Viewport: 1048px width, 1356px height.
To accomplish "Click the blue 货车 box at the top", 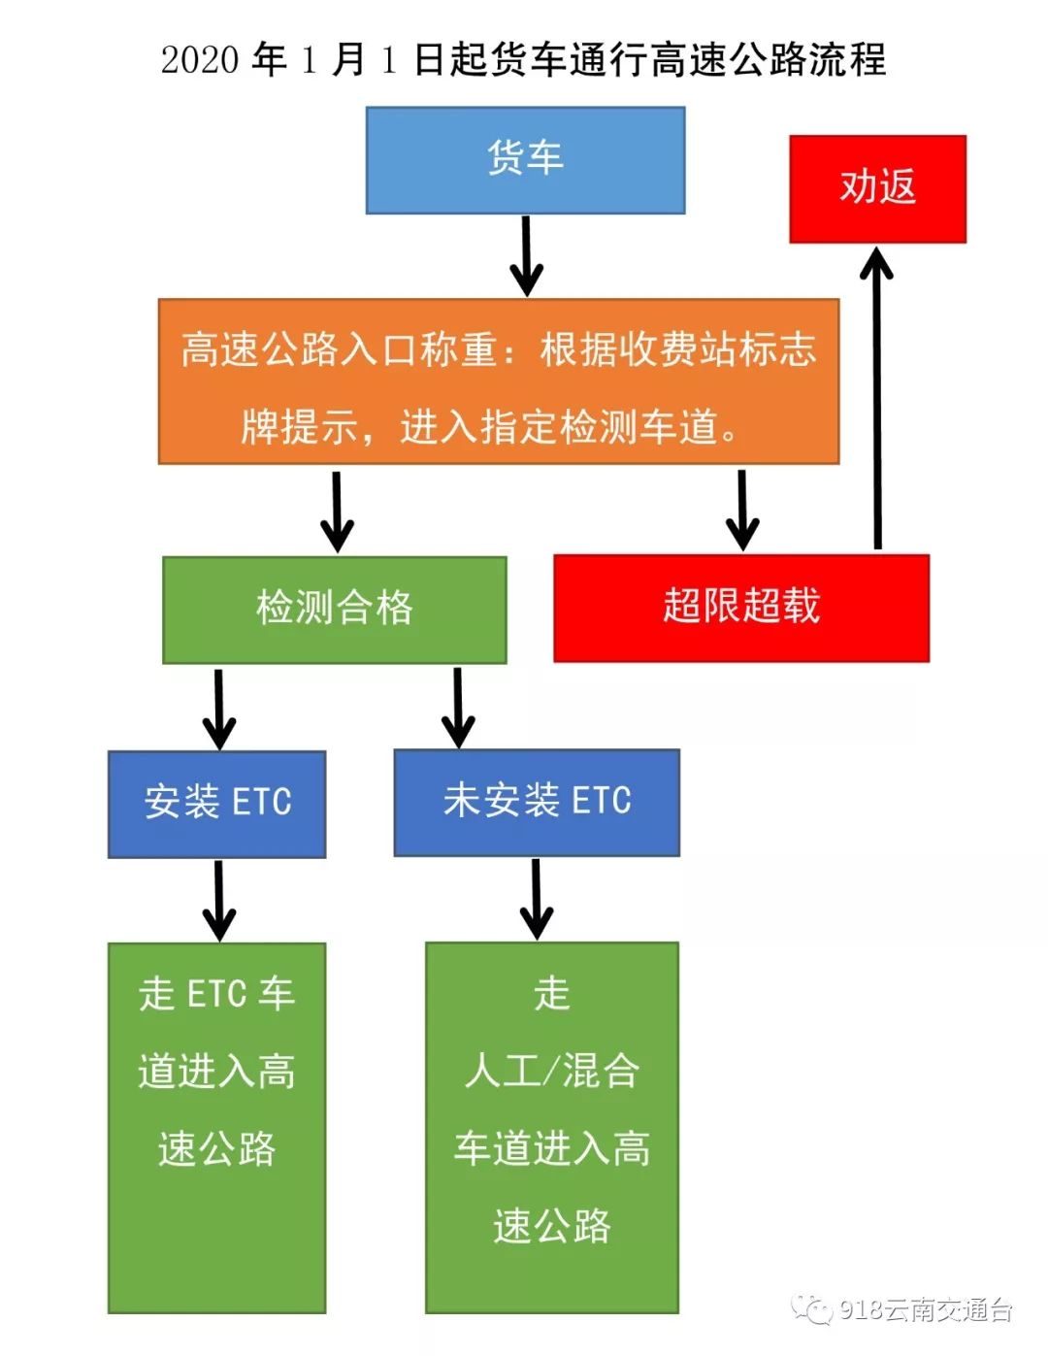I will pyautogui.click(x=525, y=160).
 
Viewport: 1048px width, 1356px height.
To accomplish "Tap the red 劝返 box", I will pyautogui.click(x=877, y=188).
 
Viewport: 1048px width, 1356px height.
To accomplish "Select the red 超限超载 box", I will pyautogui.click(x=741, y=608).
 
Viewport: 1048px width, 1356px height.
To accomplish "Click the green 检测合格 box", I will pyautogui.click(x=335, y=610).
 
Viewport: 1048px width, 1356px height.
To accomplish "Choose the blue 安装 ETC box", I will pyautogui.click(x=217, y=804).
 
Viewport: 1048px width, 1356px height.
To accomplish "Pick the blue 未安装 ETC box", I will pyautogui.click(x=537, y=802).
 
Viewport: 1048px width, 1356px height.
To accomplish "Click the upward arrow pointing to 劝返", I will pyautogui.click(x=877, y=398).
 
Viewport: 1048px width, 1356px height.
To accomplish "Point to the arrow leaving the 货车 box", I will pyautogui.click(x=526, y=255).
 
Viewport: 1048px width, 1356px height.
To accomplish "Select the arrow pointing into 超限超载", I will pyautogui.click(x=742, y=510).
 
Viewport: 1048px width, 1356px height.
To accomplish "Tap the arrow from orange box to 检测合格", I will pyautogui.click(x=337, y=512).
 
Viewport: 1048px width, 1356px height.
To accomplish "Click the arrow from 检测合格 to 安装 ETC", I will pyautogui.click(x=219, y=708).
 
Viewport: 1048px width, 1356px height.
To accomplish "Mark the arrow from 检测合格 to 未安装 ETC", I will pyautogui.click(x=458, y=707).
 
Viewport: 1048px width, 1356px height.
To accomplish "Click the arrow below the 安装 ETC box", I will pyautogui.click(x=219, y=900).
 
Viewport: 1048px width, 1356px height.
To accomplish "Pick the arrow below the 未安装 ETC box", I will pyautogui.click(x=537, y=898).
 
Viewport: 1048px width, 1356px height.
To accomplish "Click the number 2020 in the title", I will pyautogui.click(x=200, y=60).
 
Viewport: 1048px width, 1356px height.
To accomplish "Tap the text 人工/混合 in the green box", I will pyautogui.click(x=551, y=1072).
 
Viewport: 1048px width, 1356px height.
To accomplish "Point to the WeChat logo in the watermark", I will pyautogui.click(x=811, y=1309).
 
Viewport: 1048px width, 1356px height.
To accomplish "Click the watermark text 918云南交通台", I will pyautogui.click(x=926, y=1310).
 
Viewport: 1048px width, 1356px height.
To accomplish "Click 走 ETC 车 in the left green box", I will pyautogui.click(x=216, y=994).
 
